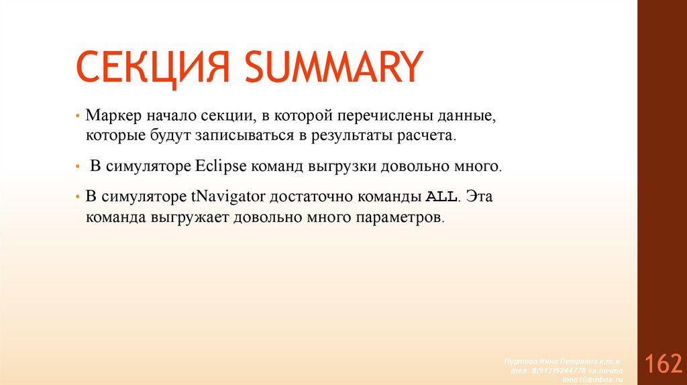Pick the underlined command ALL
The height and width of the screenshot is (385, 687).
coord(441,197)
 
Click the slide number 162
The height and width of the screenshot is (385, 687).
coord(663,364)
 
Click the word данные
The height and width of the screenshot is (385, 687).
coord(469,115)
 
